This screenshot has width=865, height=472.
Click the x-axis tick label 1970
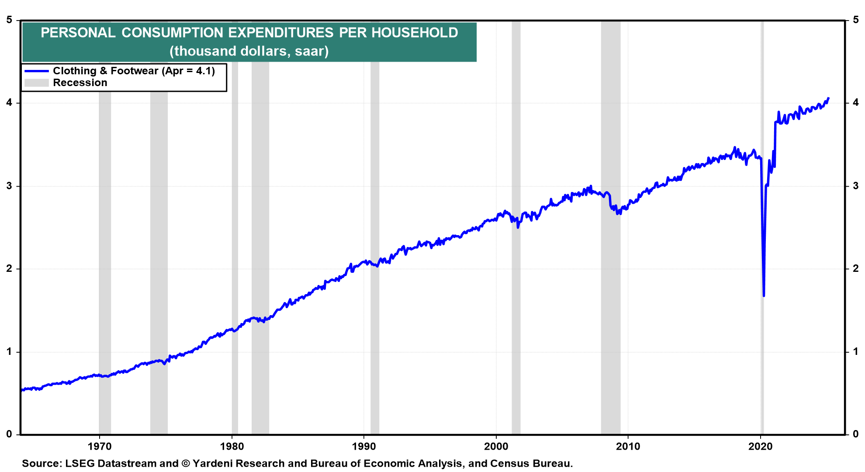pos(100,447)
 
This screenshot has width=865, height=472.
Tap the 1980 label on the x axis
pos(232,447)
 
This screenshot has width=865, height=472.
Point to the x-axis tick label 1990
pos(364,447)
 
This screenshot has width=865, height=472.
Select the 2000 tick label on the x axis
pos(496,447)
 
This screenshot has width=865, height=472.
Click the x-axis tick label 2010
pos(628,447)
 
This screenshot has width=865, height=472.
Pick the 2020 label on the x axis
pos(761,447)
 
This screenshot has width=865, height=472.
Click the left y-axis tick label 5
pos(9,20)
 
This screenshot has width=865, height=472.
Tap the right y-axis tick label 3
pos(856,186)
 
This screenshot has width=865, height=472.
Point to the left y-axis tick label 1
pos(9,352)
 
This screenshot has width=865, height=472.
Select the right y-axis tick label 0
pos(856,434)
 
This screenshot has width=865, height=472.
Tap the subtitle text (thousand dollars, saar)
pos(249,51)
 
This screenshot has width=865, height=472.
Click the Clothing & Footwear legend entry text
pos(134,71)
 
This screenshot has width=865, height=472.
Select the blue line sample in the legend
pos(37,71)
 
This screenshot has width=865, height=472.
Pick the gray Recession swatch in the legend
pos(37,83)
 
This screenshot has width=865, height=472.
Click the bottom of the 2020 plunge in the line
pos(764,296)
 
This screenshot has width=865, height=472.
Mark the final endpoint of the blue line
pos(829,98)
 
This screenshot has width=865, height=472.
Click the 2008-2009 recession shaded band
pos(611,227)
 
